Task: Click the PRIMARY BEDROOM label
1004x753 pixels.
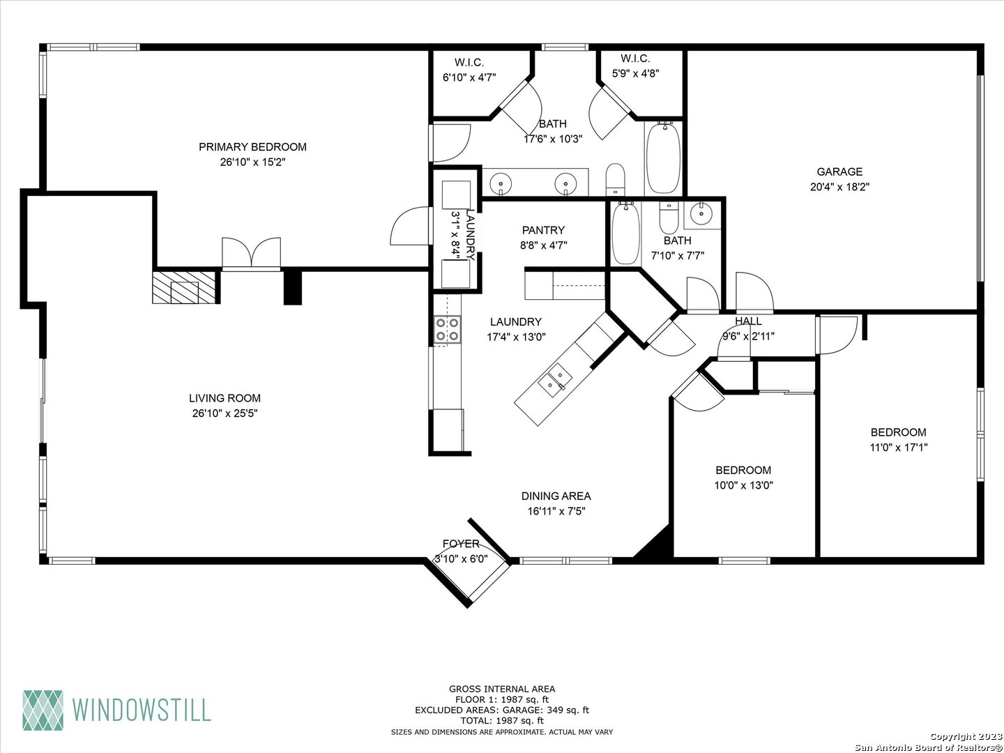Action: click(252, 146)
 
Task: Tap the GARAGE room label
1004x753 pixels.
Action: click(839, 172)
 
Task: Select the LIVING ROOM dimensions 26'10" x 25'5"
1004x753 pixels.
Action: click(225, 413)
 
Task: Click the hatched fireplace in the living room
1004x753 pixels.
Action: click(184, 287)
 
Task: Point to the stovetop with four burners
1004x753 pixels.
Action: click(447, 330)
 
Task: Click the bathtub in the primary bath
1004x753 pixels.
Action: click(663, 158)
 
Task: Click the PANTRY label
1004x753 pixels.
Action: click(543, 230)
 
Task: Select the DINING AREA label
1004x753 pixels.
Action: click(556, 496)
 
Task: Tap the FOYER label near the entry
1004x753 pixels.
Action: click(461, 544)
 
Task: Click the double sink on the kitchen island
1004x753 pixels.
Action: click(555, 379)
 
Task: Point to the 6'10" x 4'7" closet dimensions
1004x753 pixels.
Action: click(469, 77)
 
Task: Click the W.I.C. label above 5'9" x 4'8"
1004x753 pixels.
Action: click(635, 59)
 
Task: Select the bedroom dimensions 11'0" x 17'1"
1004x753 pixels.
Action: click(898, 447)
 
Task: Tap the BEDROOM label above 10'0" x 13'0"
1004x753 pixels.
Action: click(743, 470)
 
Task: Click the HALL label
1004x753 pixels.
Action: click(748, 321)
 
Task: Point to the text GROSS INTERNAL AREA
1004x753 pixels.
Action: click(502, 689)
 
